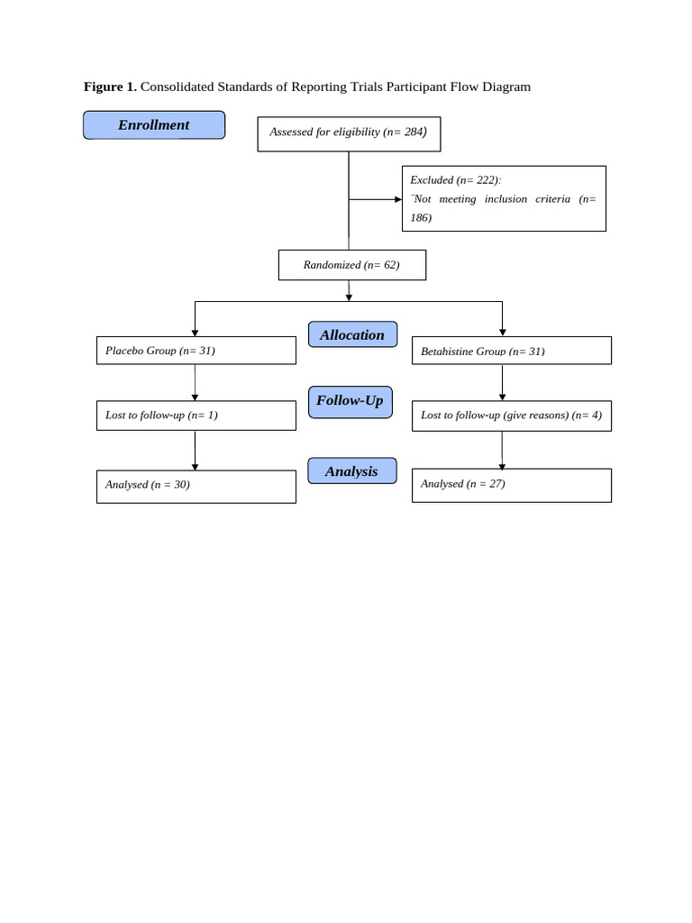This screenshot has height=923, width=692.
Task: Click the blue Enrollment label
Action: [154, 125]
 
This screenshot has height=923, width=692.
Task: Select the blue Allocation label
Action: [351, 334]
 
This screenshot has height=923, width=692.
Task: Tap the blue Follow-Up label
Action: [350, 401]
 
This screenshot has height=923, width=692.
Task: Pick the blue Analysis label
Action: [351, 471]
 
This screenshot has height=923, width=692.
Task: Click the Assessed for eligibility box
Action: [349, 133]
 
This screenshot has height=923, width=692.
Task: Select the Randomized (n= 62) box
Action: [351, 265]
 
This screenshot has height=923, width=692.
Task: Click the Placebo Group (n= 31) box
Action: [196, 351]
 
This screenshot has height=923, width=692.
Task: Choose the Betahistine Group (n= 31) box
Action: [511, 351]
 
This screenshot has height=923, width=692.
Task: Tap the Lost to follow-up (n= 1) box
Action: [196, 416]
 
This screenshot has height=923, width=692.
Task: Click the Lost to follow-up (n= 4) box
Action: [511, 416]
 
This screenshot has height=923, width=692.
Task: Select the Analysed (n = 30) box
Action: [196, 486]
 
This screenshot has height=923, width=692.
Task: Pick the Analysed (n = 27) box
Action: [511, 485]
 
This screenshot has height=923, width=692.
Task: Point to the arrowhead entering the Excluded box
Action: [398, 199]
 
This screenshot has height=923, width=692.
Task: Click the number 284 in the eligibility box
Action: [414, 132]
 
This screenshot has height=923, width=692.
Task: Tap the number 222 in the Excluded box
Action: [486, 179]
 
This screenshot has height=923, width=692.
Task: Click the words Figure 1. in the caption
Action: [110, 87]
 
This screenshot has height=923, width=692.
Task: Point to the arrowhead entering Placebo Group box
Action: [196, 334]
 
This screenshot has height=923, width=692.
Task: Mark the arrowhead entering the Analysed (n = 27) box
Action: [502, 466]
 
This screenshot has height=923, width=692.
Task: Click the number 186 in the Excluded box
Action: [421, 218]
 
